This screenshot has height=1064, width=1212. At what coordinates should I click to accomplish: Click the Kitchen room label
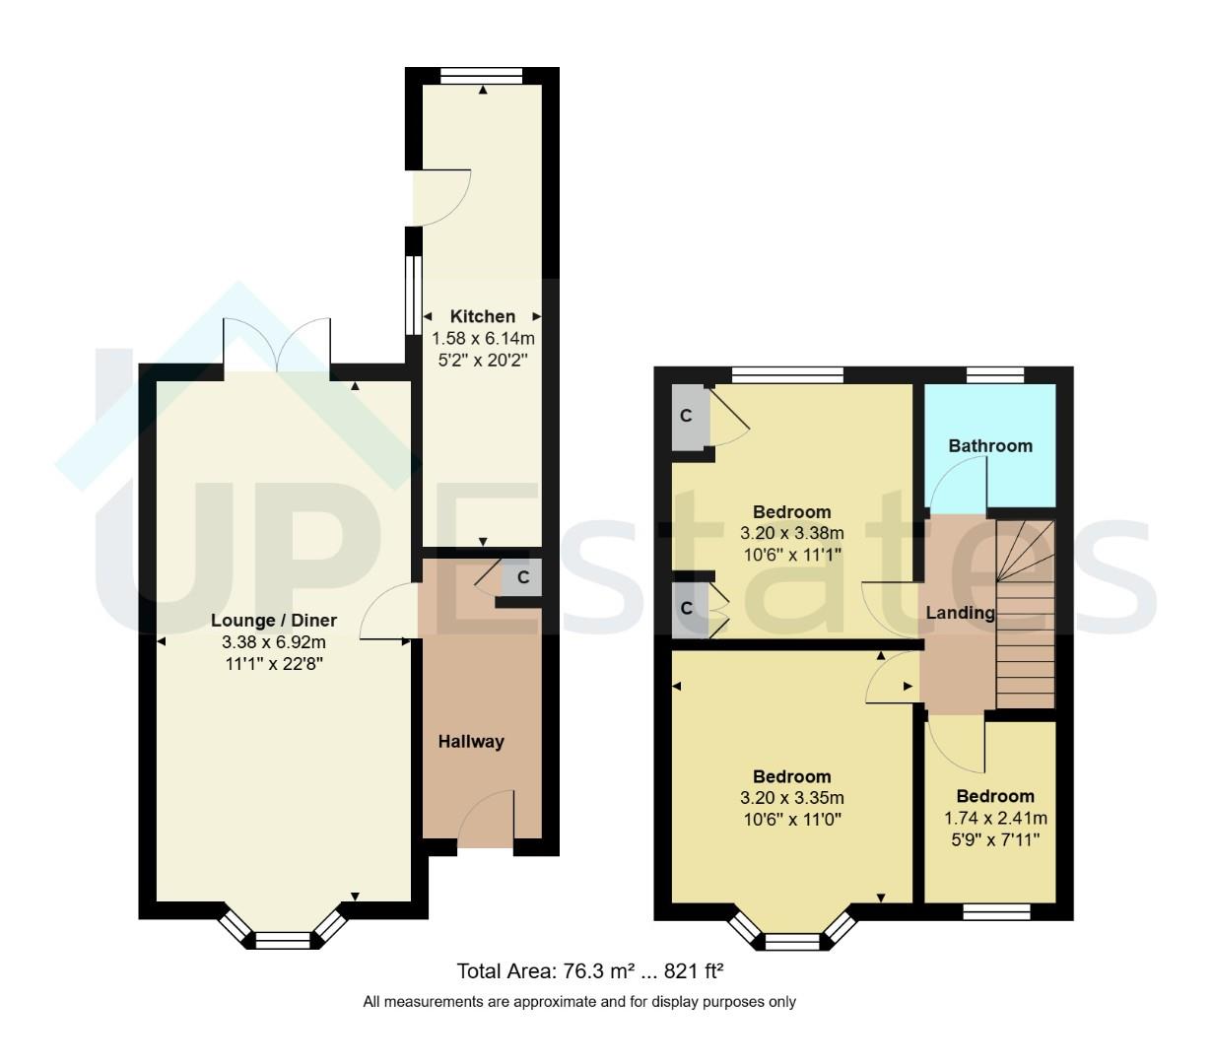click(482, 316)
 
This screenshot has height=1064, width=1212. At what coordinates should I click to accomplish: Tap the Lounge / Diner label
click(273, 621)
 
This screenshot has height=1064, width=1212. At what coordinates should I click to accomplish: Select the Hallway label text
click(471, 742)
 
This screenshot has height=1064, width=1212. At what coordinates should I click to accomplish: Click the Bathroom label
click(990, 446)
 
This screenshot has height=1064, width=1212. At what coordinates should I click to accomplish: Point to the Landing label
click(960, 613)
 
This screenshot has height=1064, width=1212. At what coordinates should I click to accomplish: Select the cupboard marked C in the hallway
click(523, 577)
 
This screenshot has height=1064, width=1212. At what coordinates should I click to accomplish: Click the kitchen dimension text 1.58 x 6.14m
click(483, 338)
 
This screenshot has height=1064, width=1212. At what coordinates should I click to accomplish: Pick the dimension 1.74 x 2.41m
click(995, 818)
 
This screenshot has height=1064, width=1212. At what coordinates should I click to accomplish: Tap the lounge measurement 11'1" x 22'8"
click(273, 664)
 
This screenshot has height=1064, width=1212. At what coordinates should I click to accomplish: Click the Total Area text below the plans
click(590, 971)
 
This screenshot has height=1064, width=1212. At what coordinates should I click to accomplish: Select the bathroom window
click(994, 374)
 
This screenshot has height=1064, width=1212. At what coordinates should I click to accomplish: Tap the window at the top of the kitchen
click(481, 76)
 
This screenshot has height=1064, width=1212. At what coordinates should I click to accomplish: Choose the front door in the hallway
click(486, 823)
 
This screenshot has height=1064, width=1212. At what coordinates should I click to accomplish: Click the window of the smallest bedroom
click(995, 912)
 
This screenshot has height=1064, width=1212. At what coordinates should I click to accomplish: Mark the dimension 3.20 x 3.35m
click(792, 798)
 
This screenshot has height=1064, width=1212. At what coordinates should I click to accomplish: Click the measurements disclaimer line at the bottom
click(579, 1002)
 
